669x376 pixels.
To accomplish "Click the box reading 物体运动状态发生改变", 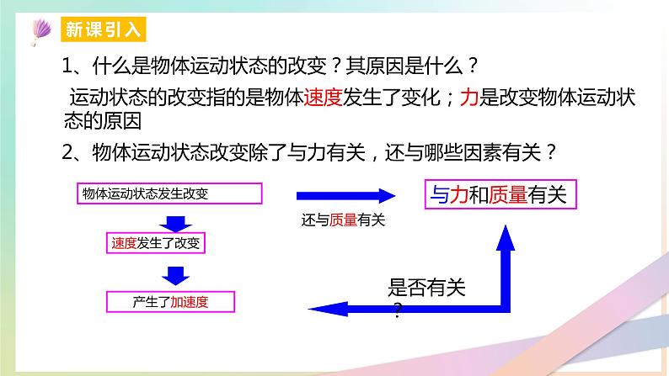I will point(169,193).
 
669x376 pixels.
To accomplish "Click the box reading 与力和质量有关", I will point(499,196).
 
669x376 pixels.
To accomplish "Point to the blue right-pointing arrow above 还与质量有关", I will point(345,196).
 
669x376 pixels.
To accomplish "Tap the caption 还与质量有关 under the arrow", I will point(342,220).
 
